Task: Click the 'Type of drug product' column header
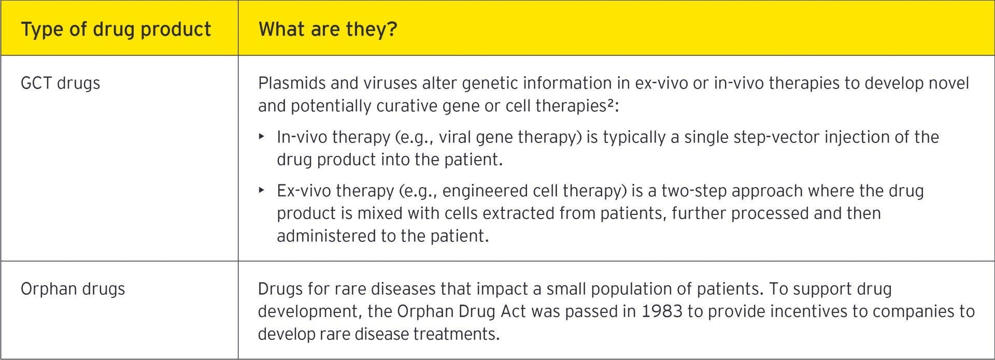(116, 30)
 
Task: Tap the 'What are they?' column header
(328, 30)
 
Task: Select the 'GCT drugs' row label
(60, 83)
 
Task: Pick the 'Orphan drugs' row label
(73, 289)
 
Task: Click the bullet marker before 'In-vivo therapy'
(262, 137)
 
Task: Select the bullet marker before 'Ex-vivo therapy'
(262, 191)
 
